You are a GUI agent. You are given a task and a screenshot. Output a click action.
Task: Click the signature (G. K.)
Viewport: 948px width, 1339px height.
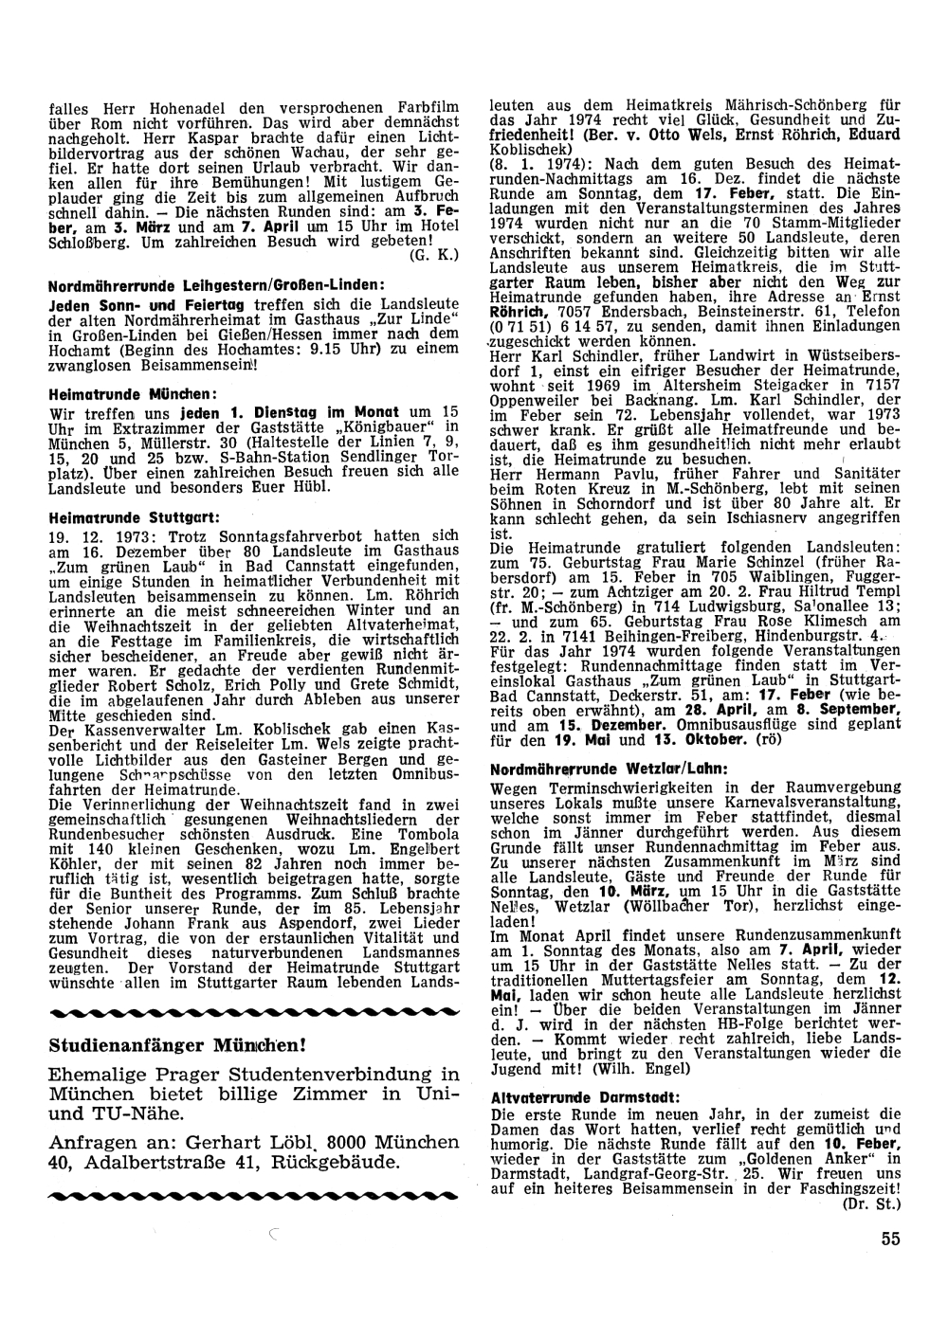[435, 255]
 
